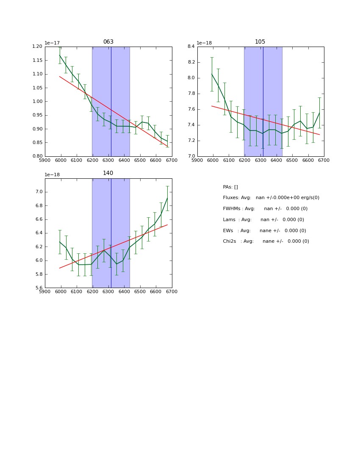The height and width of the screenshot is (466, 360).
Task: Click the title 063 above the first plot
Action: [x=108, y=42]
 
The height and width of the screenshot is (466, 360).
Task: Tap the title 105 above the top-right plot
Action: [x=260, y=42]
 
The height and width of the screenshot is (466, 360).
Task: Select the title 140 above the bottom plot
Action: [x=108, y=173]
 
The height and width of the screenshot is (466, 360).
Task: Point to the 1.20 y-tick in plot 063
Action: [x=38, y=47]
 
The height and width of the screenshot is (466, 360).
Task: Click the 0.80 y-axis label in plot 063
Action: [x=38, y=156]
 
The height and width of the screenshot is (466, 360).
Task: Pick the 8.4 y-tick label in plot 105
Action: [x=191, y=47]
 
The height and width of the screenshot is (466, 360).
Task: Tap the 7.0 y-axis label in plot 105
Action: [x=191, y=156]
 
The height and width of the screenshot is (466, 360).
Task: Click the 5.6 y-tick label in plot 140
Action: [x=39, y=288]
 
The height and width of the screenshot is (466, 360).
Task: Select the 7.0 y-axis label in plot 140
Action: [x=39, y=192]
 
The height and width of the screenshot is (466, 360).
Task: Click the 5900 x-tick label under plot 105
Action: [x=197, y=161]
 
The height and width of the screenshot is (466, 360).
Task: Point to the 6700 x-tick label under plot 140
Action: [x=172, y=292]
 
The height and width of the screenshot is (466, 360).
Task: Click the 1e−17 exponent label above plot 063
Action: [x=53, y=43]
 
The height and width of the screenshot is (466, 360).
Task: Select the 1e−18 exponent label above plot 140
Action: [x=53, y=175]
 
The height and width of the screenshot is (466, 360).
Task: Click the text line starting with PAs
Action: [x=230, y=187]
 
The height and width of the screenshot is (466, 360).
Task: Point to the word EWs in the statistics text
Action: [x=228, y=231]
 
